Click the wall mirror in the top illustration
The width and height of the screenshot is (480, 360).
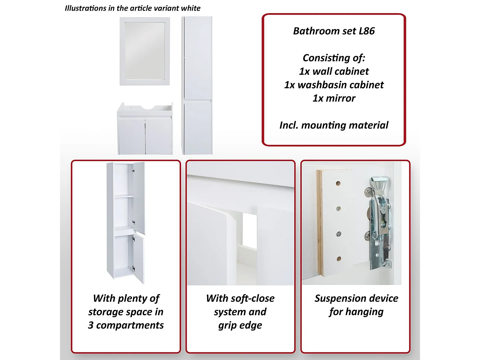(x=145, y=51)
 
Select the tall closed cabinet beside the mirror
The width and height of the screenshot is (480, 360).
(x=197, y=86)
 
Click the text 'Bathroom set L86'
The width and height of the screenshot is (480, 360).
(x=334, y=31)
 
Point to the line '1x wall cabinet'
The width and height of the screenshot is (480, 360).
(x=334, y=71)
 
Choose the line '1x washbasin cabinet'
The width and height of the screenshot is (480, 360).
(x=334, y=85)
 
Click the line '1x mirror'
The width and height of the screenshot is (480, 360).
(x=334, y=98)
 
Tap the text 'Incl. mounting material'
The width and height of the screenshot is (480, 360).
(x=334, y=125)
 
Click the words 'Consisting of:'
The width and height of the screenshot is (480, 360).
(x=334, y=58)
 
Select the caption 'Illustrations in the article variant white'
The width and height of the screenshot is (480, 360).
(x=132, y=8)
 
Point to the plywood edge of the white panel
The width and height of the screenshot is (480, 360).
(x=320, y=223)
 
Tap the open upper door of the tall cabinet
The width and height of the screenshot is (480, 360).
(x=139, y=197)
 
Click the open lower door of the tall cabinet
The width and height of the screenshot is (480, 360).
(x=138, y=259)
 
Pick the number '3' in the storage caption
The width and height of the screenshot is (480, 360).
(x=91, y=325)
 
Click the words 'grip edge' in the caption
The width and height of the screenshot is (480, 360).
(x=240, y=325)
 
